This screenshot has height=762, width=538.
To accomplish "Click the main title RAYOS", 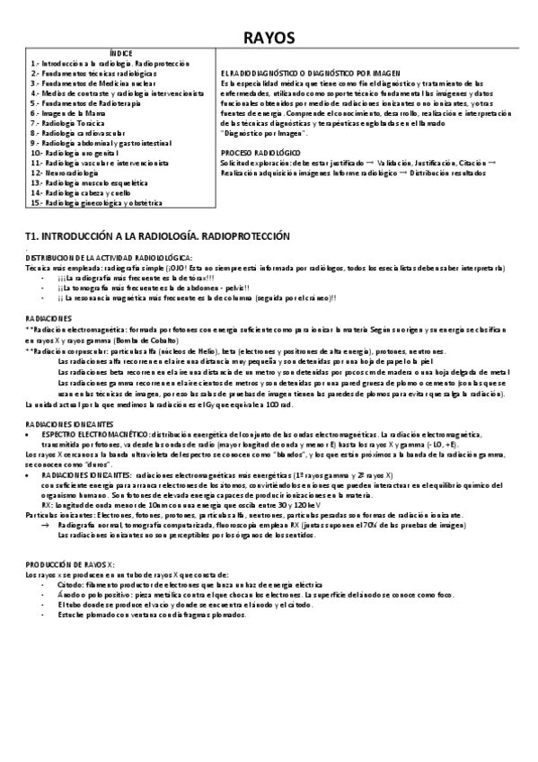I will pyautogui.click(x=269, y=36).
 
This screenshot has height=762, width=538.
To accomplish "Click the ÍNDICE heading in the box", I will pyautogui.click(x=119, y=55).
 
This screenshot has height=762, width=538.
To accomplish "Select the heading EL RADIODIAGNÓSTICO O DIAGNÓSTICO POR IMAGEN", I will pyautogui.click(x=310, y=73).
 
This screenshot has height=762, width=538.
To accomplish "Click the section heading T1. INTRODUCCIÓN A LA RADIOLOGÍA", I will pyautogui.click(x=157, y=236).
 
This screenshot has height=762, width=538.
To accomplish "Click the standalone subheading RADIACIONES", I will pyautogui.click(x=49, y=318).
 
